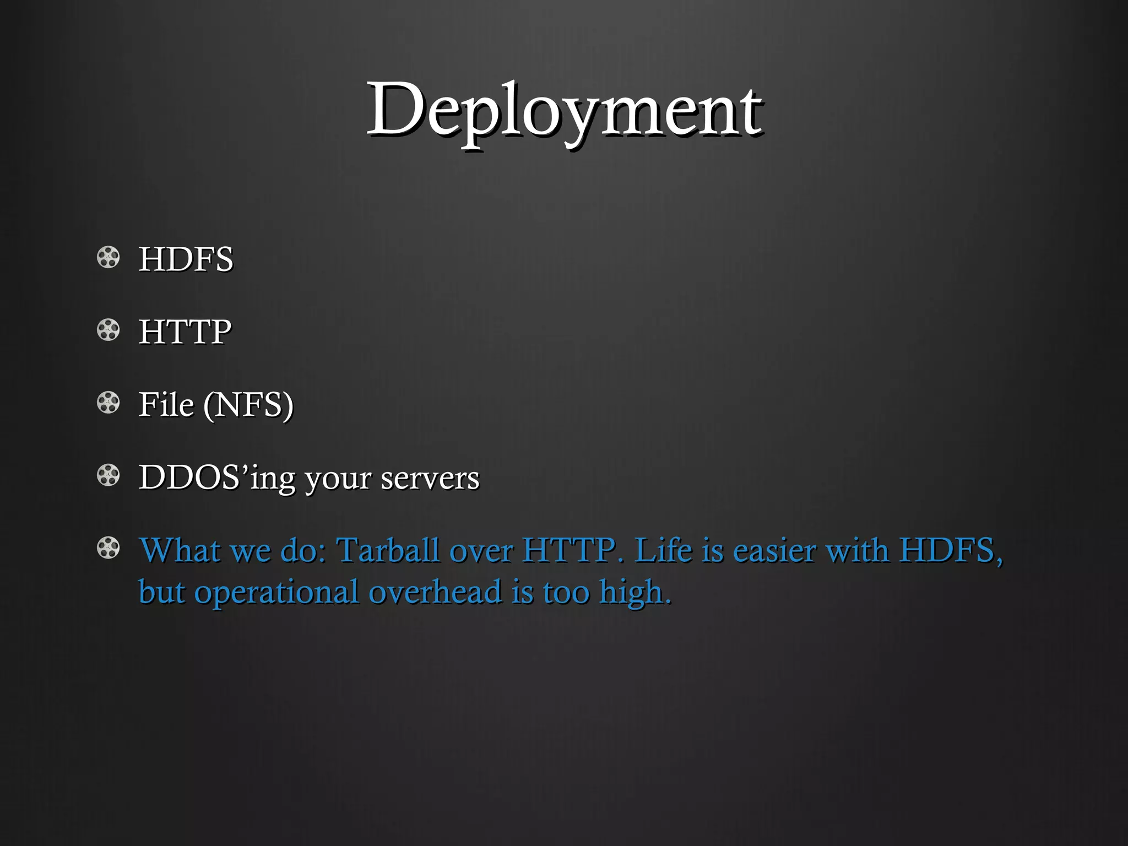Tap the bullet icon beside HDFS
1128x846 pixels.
pyautogui.click(x=108, y=257)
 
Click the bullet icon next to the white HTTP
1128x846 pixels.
pyautogui.click(x=108, y=330)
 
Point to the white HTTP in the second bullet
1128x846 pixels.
pyautogui.click(x=185, y=332)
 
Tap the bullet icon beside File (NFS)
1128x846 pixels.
pyautogui.click(x=108, y=403)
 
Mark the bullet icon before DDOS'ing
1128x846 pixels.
pyautogui.click(x=108, y=475)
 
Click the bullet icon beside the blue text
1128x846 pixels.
pyautogui.click(x=108, y=548)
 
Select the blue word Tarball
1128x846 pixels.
pyautogui.click(x=388, y=550)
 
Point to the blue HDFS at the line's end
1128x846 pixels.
pyautogui.click(x=949, y=550)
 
